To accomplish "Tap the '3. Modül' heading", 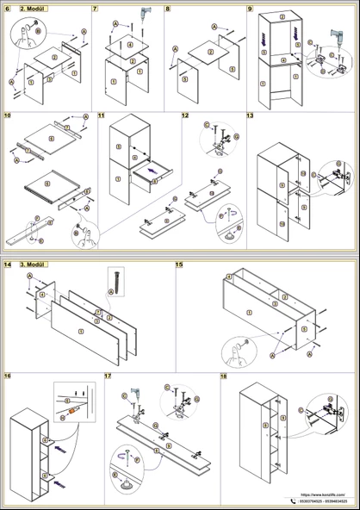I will coord(33,264).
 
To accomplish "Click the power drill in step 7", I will coord(143,16).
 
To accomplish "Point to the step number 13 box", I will coord(250,115).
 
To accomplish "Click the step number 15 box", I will coord(179,264).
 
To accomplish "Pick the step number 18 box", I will coord(224,376).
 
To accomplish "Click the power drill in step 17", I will coord(136,393).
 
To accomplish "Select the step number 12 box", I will coord(185,115).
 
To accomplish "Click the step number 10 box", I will coord(8,115).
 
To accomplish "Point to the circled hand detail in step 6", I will coord(23,35).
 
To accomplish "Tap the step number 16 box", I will coord(8,376).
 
